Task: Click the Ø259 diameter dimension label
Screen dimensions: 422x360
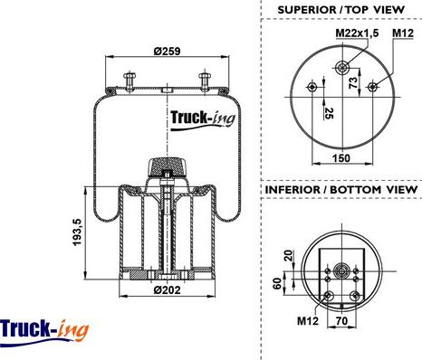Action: pyautogui.click(x=167, y=52)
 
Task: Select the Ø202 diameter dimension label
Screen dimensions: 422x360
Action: pyautogui.click(x=167, y=290)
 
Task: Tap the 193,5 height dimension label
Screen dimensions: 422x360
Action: pyautogui.click(x=78, y=232)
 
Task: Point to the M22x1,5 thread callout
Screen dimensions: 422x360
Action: pyautogui.click(x=357, y=33)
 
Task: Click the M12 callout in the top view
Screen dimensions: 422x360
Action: pyautogui.click(x=403, y=33)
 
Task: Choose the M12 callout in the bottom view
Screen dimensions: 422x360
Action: pyautogui.click(x=308, y=320)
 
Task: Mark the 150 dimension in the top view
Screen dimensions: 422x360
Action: pyautogui.click(x=341, y=157)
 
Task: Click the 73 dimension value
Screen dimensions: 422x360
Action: pyautogui.click(x=353, y=82)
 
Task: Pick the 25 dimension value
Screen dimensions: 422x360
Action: pyautogui.click(x=329, y=113)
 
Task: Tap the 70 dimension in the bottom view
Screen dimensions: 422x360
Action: pyautogui.click(x=341, y=321)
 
